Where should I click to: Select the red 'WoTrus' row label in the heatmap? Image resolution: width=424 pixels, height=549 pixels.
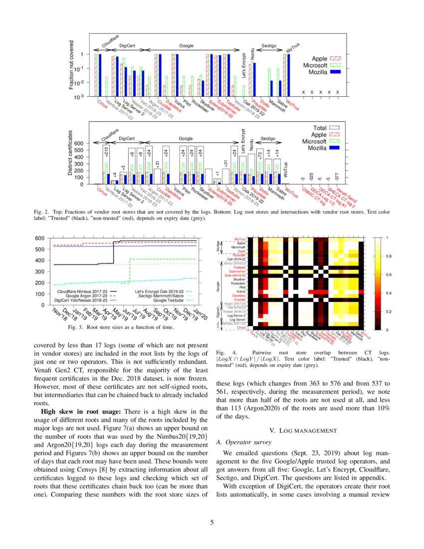pos(240,240)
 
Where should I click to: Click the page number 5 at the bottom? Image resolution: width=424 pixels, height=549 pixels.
pos(212,523)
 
